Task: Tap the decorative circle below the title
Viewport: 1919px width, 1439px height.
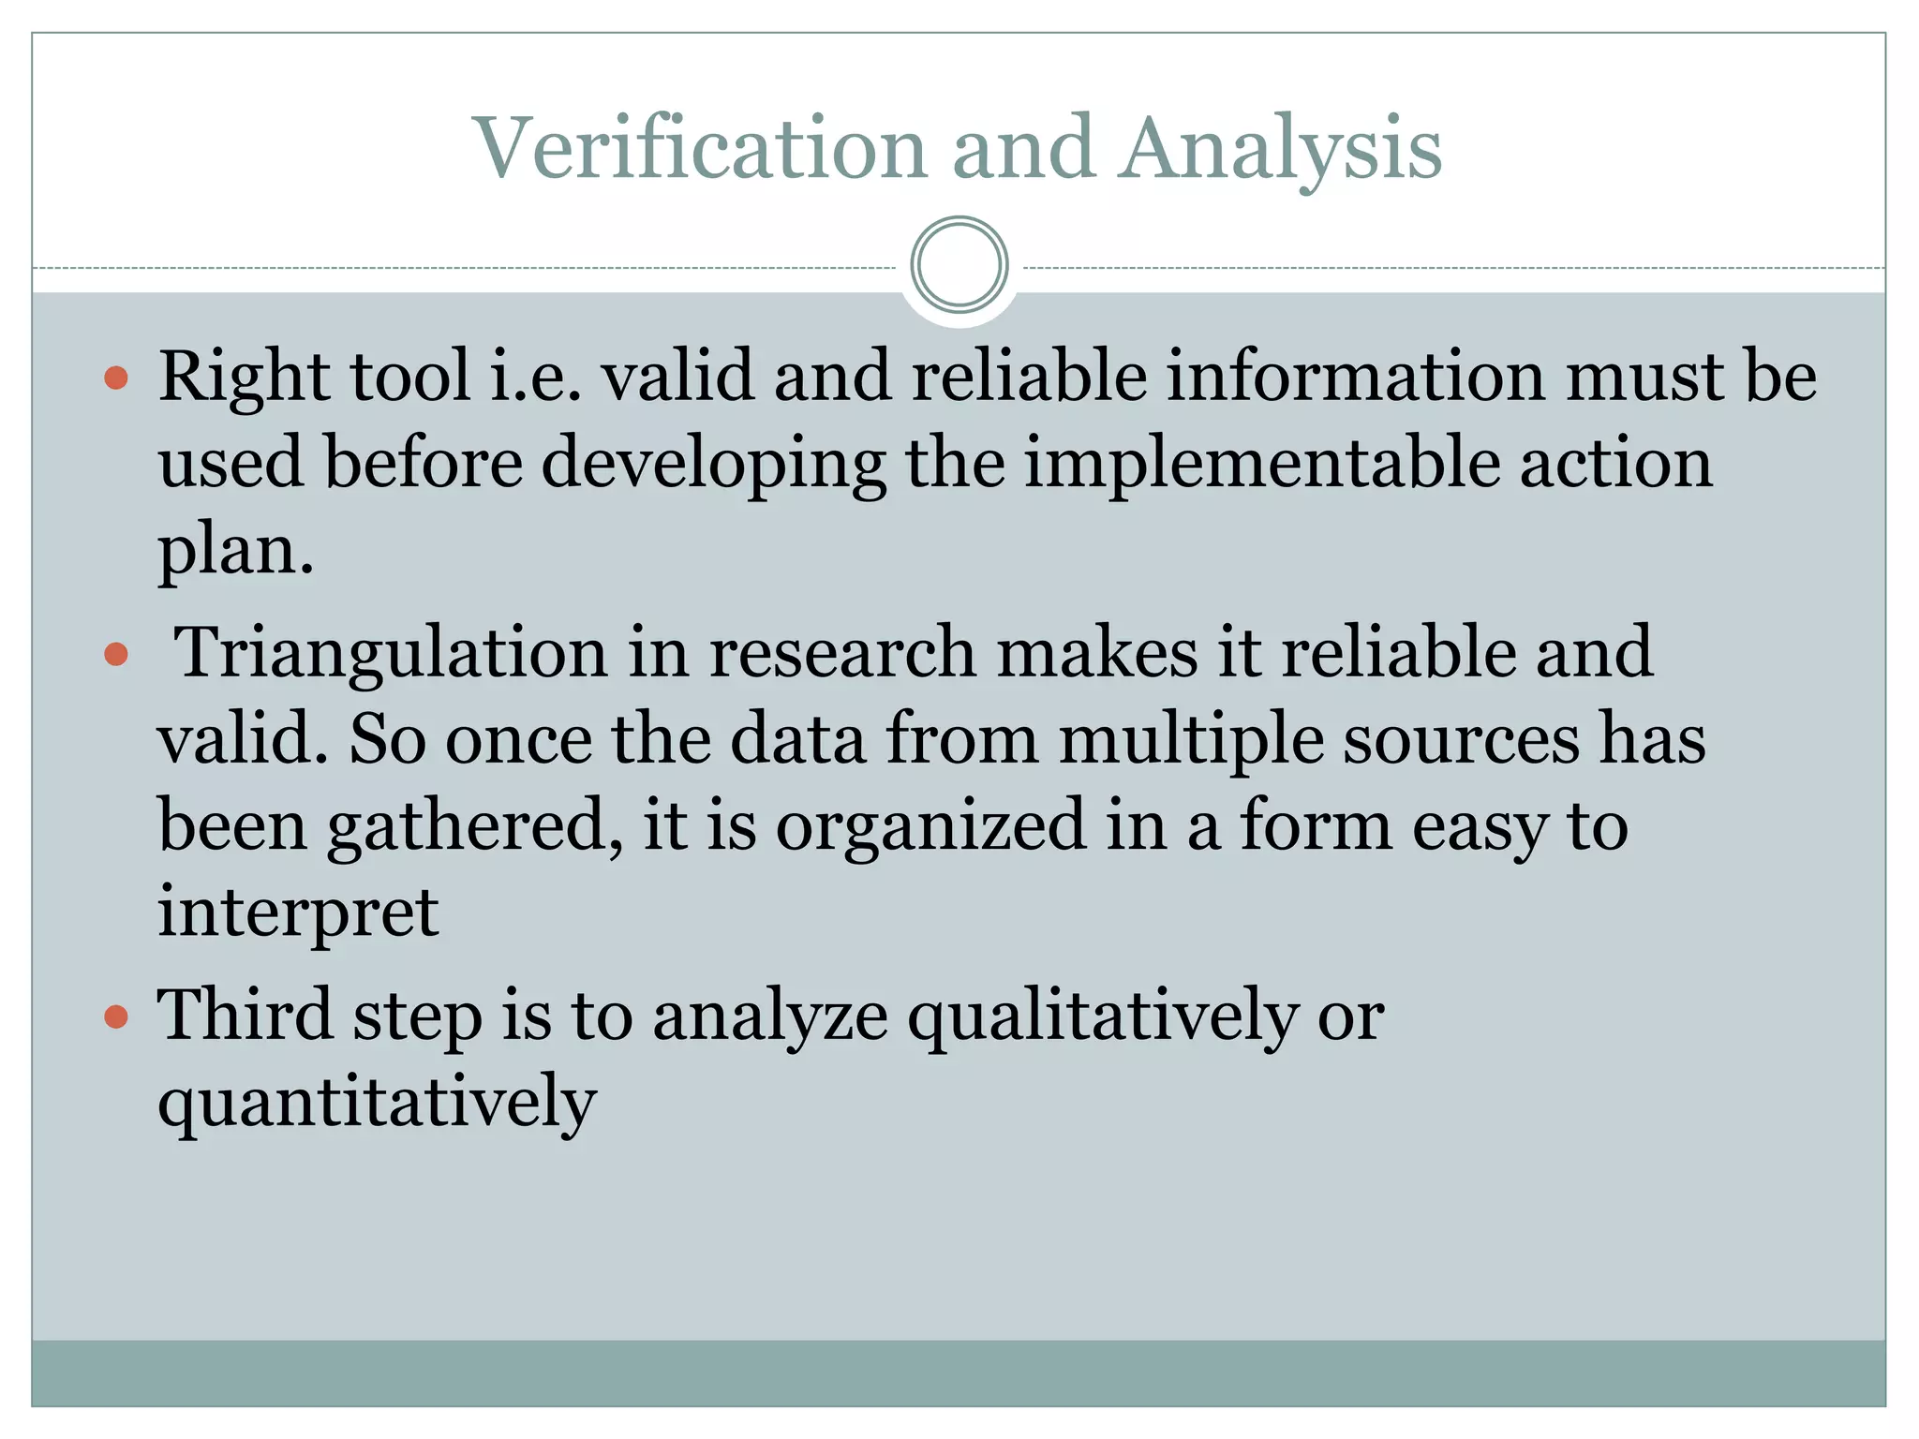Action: [x=959, y=265]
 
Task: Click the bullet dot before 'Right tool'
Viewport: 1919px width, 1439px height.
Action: [x=116, y=378]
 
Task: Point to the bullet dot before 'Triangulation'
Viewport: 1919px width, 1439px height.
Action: [x=116, y=654]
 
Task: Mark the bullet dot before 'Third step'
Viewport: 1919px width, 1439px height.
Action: [x=116, y=1016]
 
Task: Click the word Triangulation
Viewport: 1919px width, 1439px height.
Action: [x=392, y=654]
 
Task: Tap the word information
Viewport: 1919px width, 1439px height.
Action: [x=1354, y=377]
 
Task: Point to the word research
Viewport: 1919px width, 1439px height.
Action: [x=842, y=652]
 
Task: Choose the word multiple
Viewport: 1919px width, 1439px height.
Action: [x=1191, y=740]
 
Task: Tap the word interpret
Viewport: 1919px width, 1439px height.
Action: [x=298, y=912]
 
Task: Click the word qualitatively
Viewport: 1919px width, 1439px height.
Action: [x=1103, y=1017]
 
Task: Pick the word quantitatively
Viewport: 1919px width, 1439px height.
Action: [x=377, y=1104]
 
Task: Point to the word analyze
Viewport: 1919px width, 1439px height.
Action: [x=770, y=1017]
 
